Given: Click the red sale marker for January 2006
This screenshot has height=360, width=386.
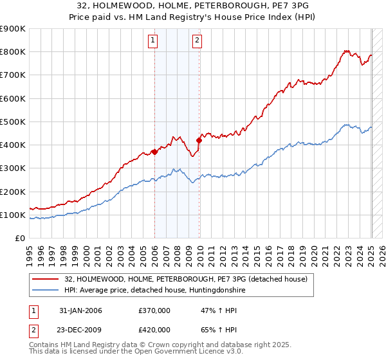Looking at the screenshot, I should tap(154, 152).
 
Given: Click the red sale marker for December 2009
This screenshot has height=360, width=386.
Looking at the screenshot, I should tap(199, 140).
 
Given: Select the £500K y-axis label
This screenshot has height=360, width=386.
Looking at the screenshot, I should tap(13, 122).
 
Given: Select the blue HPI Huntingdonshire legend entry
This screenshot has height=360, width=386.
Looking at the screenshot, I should tap(154, 291).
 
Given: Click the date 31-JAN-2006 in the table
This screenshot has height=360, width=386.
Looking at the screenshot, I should tap(80, 310).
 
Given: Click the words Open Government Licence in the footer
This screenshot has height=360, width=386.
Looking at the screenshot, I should tap(183, 353).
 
